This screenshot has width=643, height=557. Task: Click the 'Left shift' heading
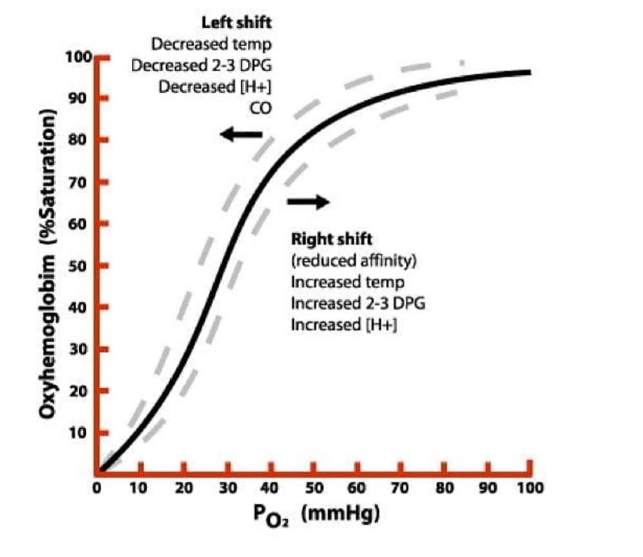(236, 23)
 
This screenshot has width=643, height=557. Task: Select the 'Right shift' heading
(331, 239)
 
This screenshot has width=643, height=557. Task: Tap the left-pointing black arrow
(241, 135)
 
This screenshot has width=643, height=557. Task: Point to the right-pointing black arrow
(308, 202)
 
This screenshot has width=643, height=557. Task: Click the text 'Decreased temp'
(211, 44)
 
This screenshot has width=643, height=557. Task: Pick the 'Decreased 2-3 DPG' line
(202, 66)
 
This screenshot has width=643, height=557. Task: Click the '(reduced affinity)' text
(354, 261)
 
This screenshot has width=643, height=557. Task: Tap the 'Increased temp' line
(347, 282)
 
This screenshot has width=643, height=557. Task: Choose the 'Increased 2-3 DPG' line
(358, 303)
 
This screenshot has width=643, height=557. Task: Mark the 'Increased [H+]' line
(343, 325)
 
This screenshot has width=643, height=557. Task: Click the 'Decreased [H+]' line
(215, 87)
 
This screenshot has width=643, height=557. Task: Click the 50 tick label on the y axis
(82, 266)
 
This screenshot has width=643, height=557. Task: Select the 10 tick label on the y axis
(82, 433)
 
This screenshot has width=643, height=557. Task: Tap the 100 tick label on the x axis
(530, 487)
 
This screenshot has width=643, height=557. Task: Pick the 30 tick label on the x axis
(227, 487)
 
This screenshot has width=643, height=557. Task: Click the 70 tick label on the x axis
(400, 487)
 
